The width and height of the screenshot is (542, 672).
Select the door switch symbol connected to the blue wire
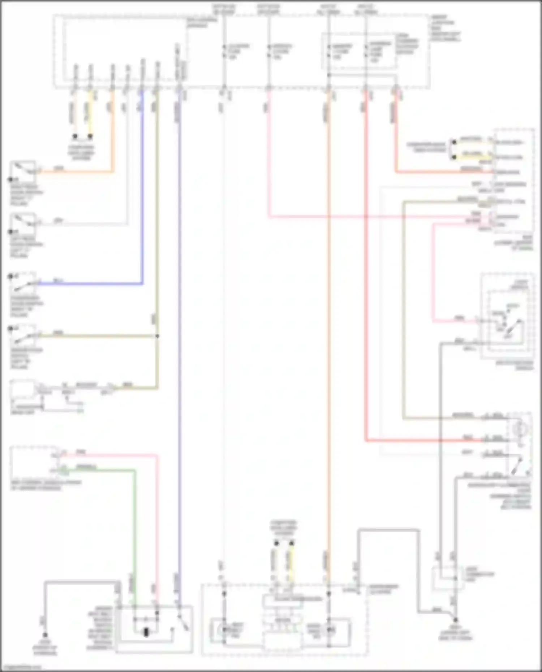[x=22, y=283]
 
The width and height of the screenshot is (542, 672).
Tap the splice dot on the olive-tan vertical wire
[x=157, y=336]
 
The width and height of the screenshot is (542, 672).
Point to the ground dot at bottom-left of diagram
[x=45, y=634]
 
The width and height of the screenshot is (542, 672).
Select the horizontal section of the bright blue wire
[x=90, y=284]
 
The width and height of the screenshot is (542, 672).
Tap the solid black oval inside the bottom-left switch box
[x=146, y=632]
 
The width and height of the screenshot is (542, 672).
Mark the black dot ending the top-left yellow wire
[x=90, y=136]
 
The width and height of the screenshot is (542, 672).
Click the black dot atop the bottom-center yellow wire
[x=292, y=543]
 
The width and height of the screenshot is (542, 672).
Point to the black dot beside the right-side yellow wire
[x=453, y=156]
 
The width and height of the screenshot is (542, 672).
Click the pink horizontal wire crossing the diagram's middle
[x=361, y=217]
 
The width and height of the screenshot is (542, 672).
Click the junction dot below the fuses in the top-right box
[x=328, y=75]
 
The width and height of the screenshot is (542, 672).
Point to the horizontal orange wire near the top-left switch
[x=76, y=172]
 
